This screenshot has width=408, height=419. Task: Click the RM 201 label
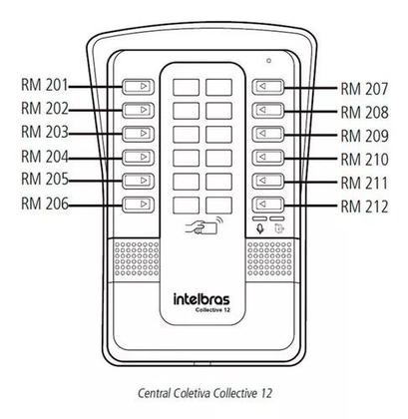pyautogui.click(x=45, y=85)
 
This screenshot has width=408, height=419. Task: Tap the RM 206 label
pyautogui.click(x=45, y=204)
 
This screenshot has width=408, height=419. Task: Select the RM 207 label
pyautogui.click(x=364, y=89)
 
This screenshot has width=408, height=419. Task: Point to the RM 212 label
pyautogui.click(x=364, y=207)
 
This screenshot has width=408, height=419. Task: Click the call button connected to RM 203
pyautogui.click(x=139, y=134)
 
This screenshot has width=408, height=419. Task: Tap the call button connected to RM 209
pyautogui.click(x=268, y=134)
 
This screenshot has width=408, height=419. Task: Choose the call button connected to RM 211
pyautogui.click(x=268, y=181)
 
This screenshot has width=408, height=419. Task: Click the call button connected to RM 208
pyautogui.click(x=268, y=110)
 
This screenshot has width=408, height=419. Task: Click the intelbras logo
pyautogui.click(x=202, y=299)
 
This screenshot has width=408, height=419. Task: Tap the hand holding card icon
pyautogui.click(x=204, y=225)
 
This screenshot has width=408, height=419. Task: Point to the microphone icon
pyautogui.click(x=260, y=228)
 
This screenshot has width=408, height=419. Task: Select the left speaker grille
pyautogui.click(x=137, y=258)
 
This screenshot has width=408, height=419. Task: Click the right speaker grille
pyautogui.click(x=269, y=258)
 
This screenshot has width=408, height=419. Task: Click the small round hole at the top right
pyautogui.click(x=268, y=61)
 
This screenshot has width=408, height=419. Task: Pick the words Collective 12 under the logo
pyautogui.click(x=212, y=310)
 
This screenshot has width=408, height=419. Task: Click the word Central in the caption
pyautogui.click(x=155, y=393)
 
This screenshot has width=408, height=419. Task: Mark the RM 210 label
pyautogui.click(x=364, y=160)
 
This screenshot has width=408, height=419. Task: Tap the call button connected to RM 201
pyautogui.click(x=139, y=87)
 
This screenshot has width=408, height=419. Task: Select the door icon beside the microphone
pyautogui.click(x=279, y=228)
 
